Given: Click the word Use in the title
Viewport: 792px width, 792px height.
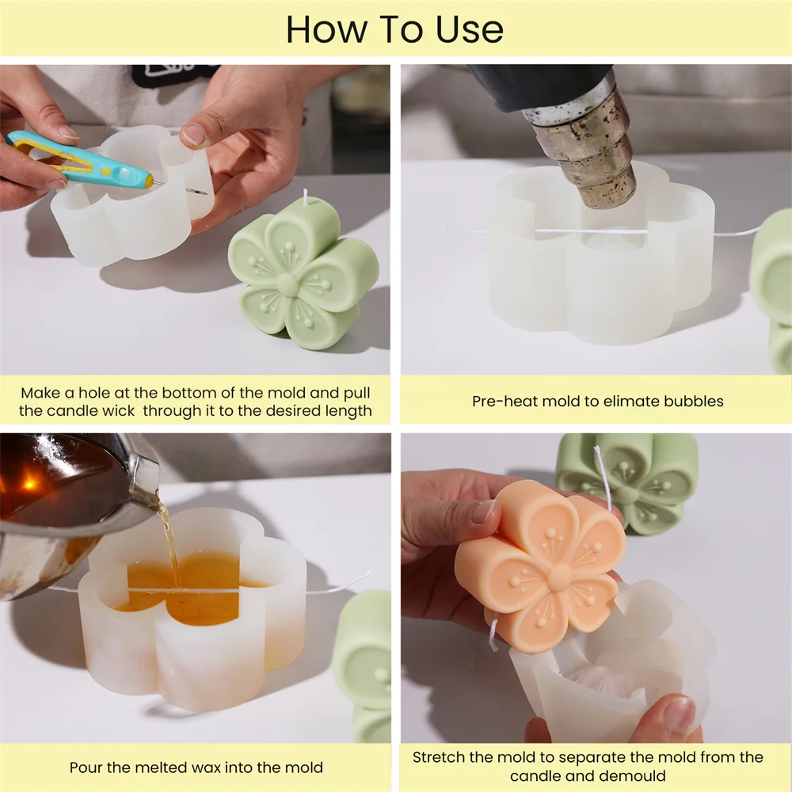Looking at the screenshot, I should click(x=470, y=29).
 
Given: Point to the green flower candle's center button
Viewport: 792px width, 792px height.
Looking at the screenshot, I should click(x=287, y=284).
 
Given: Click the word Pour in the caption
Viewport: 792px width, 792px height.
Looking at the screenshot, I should click(x=86, y=767).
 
